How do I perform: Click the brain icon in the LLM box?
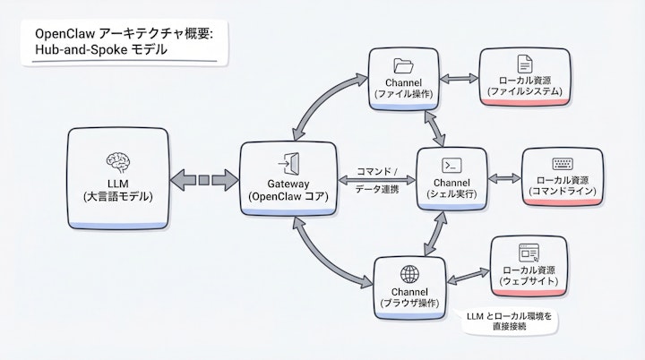(x=117, y=162)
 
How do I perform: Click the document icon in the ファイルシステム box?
(x=525, y=64)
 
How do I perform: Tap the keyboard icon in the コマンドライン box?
(x=563, y=164)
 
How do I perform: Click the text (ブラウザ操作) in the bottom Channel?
(x=408, y=304)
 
